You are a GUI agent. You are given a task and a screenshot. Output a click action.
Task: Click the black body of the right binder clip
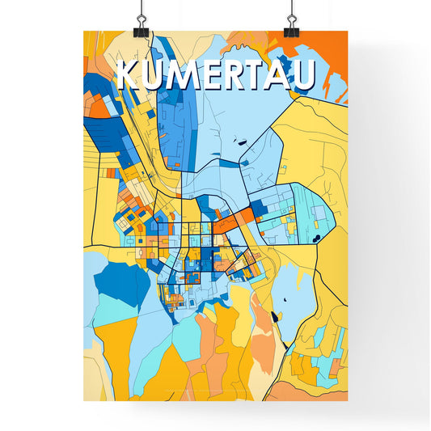[291, 30]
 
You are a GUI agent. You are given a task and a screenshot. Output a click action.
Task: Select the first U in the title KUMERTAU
[156, 75]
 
